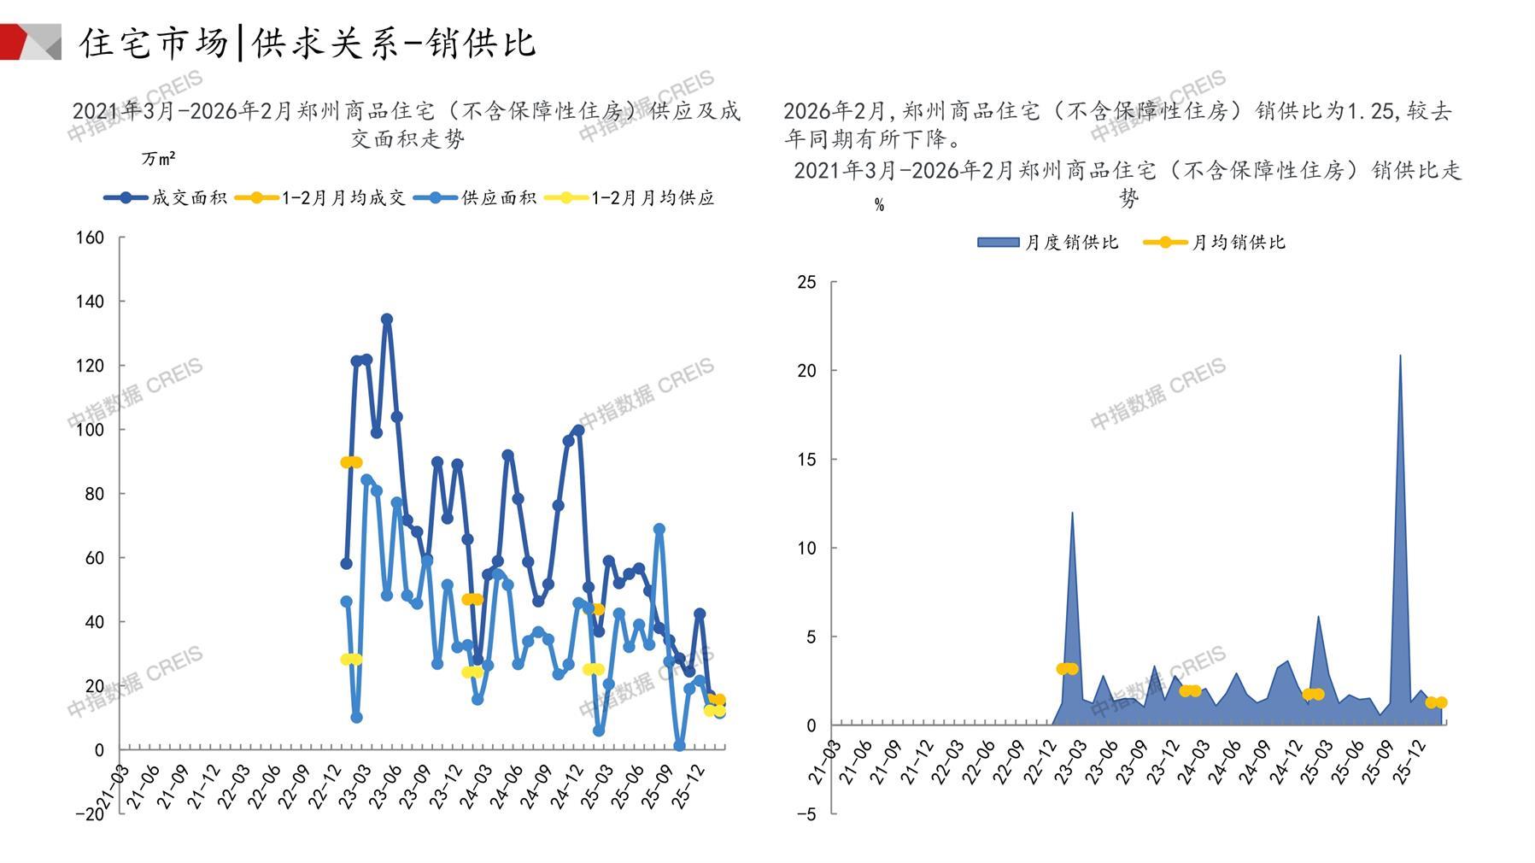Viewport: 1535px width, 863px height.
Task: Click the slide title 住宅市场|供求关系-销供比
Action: [x=308, y=43]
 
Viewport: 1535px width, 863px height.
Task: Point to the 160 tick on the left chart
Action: [x=90, y=238]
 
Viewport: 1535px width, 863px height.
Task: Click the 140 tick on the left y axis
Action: [x=90, y=302]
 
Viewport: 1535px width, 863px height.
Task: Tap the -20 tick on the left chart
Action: [x=90, y=814]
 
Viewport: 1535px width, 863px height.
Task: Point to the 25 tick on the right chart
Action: [x=806, y=282]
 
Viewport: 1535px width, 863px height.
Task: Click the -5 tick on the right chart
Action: [x=806, y=814]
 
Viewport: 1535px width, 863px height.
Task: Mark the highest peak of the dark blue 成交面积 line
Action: [x=387, y=320]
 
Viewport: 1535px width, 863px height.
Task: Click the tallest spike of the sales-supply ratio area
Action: [x=1400, y=355]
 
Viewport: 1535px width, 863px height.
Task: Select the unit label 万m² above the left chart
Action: [x=159, y=159]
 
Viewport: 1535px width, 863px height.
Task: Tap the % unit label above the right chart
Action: [x=879, y=205]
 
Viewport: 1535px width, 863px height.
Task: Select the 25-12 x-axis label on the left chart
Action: [x=693, y=784]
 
